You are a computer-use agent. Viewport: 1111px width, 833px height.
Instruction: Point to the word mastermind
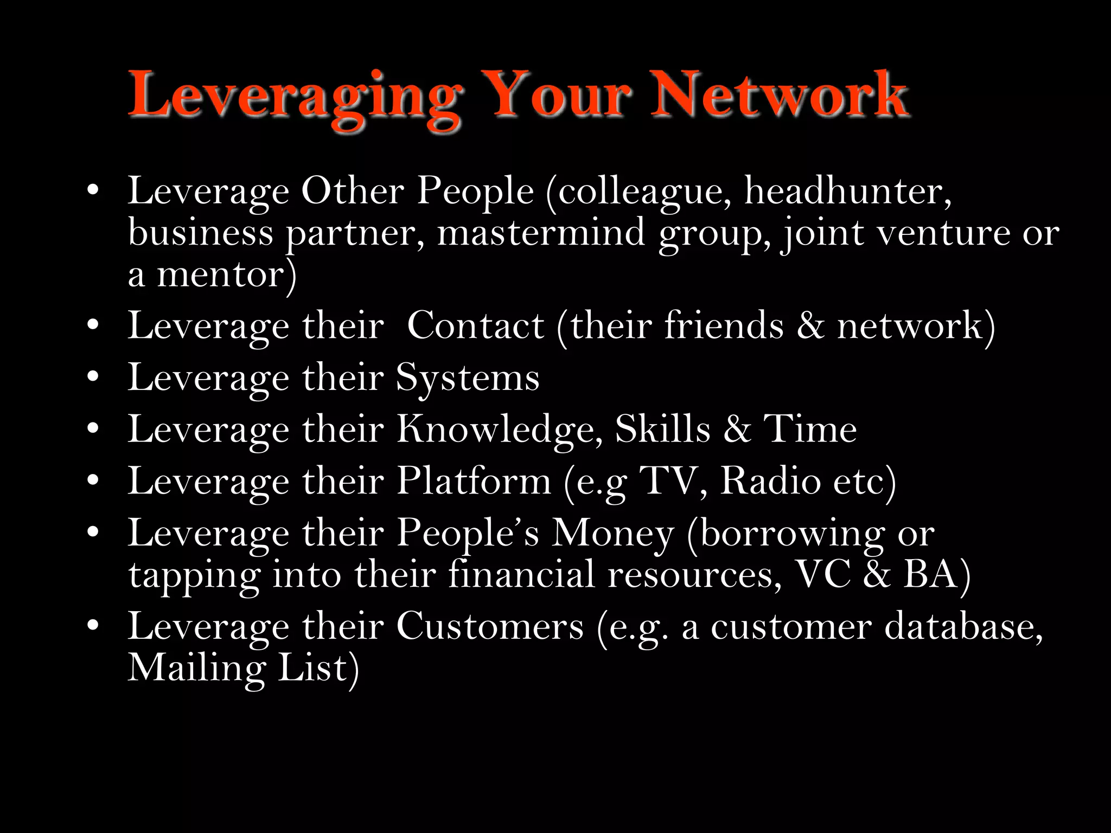tap(541, 233)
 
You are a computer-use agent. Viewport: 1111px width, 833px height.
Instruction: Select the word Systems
tap(468, 379)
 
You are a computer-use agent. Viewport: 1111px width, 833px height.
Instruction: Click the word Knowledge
tap(499, 430)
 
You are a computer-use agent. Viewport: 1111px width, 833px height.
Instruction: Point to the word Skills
tap(662, 429)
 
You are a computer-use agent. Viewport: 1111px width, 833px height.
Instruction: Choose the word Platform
tap(474, 481)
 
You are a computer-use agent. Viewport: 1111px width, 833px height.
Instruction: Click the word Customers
tap(490, 627)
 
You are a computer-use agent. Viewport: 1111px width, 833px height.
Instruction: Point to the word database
tap(963, 627)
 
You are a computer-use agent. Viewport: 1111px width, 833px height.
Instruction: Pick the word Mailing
tap(196, 668)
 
